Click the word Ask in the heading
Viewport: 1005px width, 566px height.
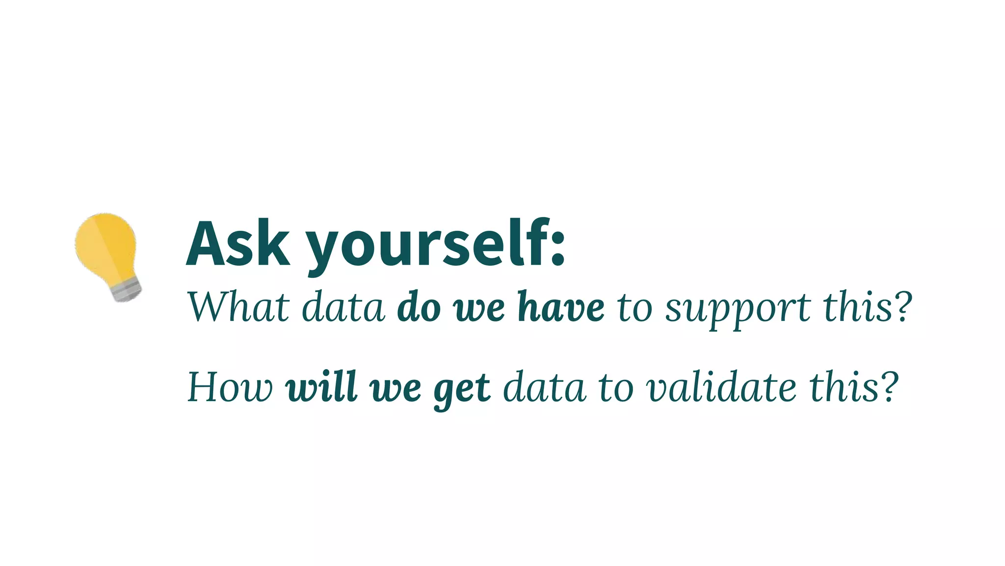click(x=238, y=244)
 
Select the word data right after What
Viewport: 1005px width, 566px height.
click(x=343, y=307)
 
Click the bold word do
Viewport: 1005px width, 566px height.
click(x=419, y=307)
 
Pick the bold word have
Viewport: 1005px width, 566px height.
click(x=561, y=307)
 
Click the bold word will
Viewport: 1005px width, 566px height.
click(x=321, y=387)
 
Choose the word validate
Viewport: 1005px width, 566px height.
click(x=721, y=387)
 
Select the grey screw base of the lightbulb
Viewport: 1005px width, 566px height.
click(x=126, y=291)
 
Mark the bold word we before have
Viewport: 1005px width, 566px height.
click(x=479, y=309)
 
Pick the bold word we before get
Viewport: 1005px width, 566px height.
click(x=396, y=389)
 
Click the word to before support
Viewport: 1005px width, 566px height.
click(x=635, y=308)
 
